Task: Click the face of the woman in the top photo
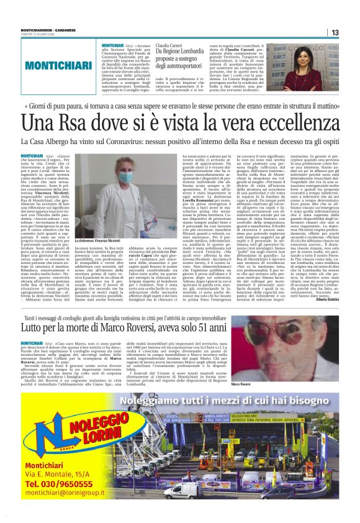coord(308,55)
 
